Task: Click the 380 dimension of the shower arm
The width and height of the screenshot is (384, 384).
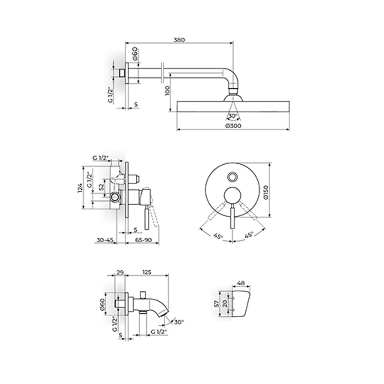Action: [x=179, y=40]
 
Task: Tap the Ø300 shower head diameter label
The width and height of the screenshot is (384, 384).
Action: [x=233, y=126]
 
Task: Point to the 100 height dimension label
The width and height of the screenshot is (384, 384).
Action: [x=167, y=91]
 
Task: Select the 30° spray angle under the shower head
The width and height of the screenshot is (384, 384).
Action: [x=233, y=116]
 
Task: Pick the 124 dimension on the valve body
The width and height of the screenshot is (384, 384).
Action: [x=80, y=188]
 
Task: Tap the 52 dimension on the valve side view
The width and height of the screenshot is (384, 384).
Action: [x=101, y=187]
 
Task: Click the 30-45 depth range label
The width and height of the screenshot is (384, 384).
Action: [x=105, y=240]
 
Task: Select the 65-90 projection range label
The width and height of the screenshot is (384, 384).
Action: [x=144, y=240]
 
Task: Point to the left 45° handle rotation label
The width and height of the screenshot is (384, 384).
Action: [x=218, y=236]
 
